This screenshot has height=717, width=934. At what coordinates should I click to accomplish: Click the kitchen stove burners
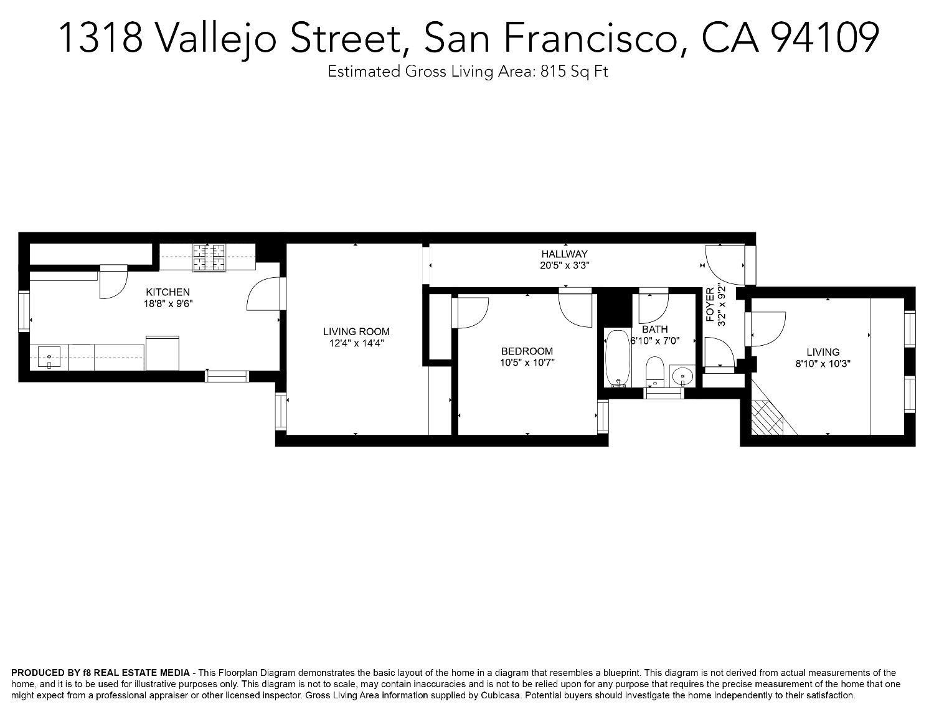pyautogui.click(x=209, y=258)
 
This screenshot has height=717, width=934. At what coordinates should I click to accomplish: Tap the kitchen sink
pyautogui.click(x=49, y=358)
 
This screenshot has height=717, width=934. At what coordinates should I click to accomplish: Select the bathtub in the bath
pyautogui.click(x=617, y=358)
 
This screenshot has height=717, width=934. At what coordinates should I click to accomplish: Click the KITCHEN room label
pyautogui.click(x=167, y=292)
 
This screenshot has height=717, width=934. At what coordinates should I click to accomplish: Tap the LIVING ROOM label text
pyautogui.click(x=356, y=331)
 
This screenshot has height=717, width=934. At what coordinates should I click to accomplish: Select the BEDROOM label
pyautogui.click(x=527, y=351)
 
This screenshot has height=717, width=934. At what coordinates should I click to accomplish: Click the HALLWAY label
pyautogui.click(x=564, y=254)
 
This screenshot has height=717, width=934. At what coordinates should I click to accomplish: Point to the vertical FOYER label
pyautogui.click(x=710, y=305)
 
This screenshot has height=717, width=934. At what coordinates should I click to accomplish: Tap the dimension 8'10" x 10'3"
pyautogui.click(x=823, y=364)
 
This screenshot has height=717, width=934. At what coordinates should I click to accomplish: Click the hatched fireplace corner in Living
pyautogui.click(x=767, y=417)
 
